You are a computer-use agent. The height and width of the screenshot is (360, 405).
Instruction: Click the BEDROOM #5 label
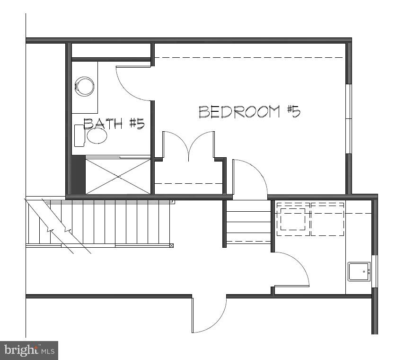tap(249, 112)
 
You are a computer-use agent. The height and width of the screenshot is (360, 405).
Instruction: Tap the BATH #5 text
tap(114, 124)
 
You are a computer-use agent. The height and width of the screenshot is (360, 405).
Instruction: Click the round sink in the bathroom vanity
tap(97, 136)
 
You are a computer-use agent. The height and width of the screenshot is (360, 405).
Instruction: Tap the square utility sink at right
tap(359, 271)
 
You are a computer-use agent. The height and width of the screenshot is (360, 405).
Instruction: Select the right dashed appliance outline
tap(327, 219)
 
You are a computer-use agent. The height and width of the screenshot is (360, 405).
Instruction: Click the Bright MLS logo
tap(29, 351)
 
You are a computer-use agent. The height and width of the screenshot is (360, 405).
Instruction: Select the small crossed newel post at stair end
tap(171, 245)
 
